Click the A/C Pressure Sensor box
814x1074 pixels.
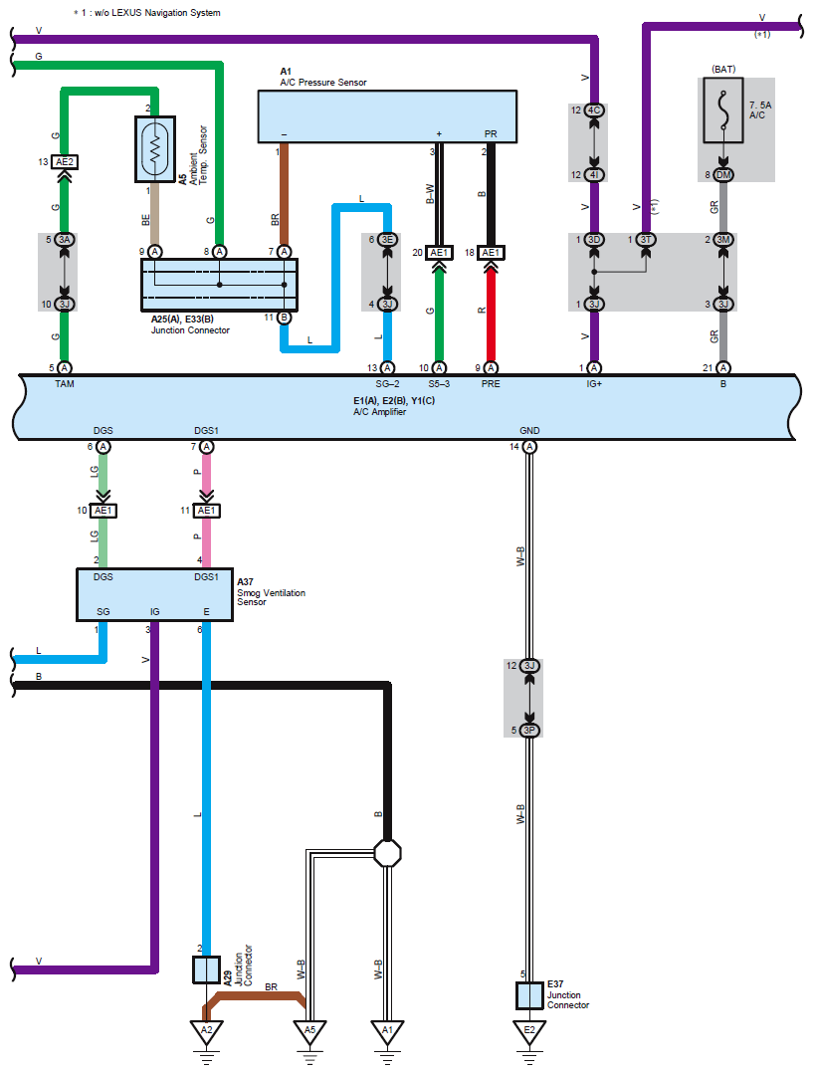click(387, 115)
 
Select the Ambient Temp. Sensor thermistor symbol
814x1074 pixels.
click(155, 149)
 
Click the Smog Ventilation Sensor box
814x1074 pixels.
click(155, 594)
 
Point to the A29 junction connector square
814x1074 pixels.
click(205, 969)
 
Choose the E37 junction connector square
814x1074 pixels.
click(529, 994)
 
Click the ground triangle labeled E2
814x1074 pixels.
click(529, 1031)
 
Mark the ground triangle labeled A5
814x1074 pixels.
click(309, 1031)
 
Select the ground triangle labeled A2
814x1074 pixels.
click(206, 1031)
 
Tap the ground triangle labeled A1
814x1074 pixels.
click(387, 1031)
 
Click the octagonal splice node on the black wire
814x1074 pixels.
click(387, 852)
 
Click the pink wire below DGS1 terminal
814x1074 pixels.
click(207, 478)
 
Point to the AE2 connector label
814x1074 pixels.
click(65, 161)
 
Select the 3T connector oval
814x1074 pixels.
click(647, 240)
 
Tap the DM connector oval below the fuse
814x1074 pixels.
click(723, 175)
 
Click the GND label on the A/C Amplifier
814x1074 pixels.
click(529, 432)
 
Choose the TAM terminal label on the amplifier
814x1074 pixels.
click(65, 383)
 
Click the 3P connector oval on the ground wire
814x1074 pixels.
click(529, 730)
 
